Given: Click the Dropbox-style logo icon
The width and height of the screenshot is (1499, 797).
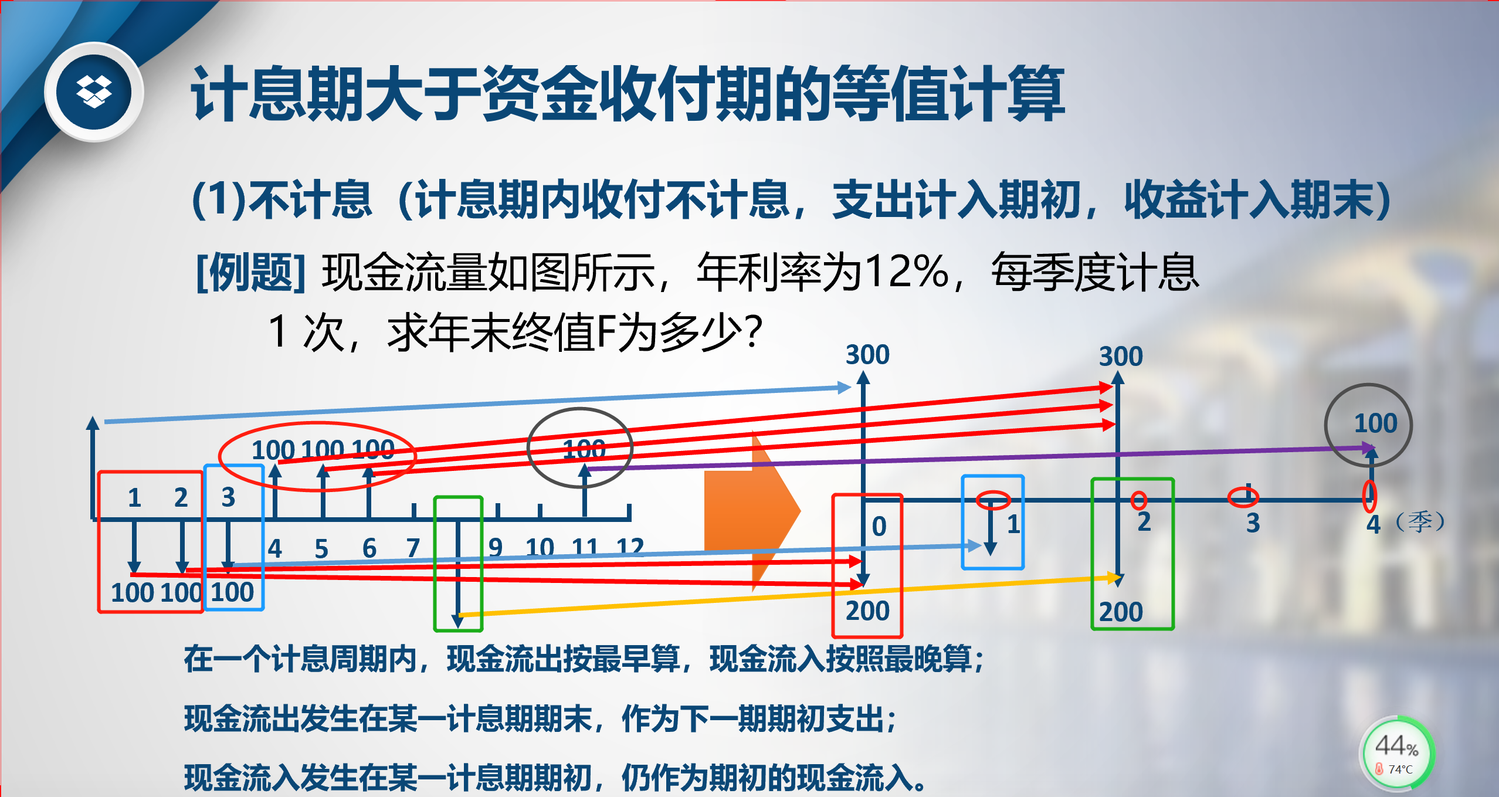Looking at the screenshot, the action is click(x=94, y=92).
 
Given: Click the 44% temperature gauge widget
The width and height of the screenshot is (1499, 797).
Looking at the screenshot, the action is click(x=1396, y=753).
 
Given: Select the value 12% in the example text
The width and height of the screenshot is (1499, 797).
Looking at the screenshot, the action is click(x=907, y=272).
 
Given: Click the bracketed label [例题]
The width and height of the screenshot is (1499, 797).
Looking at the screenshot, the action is click(x=251, y=273).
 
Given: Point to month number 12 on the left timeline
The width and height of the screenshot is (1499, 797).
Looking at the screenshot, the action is click(x=630, y=547).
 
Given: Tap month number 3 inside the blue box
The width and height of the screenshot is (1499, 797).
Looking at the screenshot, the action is click(x=228, y=497).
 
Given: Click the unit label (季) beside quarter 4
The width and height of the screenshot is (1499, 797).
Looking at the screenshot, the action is click(x=1420, y=521).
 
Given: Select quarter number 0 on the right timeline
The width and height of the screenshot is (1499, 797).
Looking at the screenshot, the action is click(x=879, y=526).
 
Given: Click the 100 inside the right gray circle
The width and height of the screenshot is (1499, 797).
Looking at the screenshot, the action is click(x=1375, y=423).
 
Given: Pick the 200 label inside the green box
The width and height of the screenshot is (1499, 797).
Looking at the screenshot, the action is click(x=1121, y=612).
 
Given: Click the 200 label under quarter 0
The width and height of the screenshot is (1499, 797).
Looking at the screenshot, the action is click(x=867, y=611).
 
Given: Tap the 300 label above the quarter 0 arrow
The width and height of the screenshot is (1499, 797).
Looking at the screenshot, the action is click(x=867, y=355).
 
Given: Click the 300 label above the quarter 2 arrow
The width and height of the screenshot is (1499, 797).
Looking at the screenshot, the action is click(x=1121, y=357).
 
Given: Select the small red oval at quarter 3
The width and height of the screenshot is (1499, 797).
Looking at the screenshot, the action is click(x=1243, y=497).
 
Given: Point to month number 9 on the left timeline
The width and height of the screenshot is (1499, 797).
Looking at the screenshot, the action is click(x=496, y=548).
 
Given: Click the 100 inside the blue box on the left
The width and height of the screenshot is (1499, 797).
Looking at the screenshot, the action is click(x=232, y=592).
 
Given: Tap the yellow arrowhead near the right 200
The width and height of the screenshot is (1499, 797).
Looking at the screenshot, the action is click(x=1114, y=578).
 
